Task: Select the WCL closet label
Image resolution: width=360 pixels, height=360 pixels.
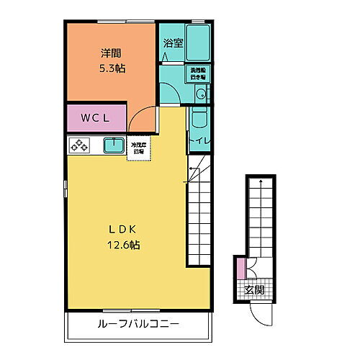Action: pos(95,118)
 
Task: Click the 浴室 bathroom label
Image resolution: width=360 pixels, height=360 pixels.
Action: pos(173,42)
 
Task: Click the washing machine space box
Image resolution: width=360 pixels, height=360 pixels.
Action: pos(198,73)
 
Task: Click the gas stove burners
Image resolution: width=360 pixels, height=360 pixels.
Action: pos(78,146)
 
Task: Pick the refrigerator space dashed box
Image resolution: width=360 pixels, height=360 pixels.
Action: pos(138,149)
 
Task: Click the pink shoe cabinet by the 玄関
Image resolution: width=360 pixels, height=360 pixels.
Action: pos(240,271)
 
